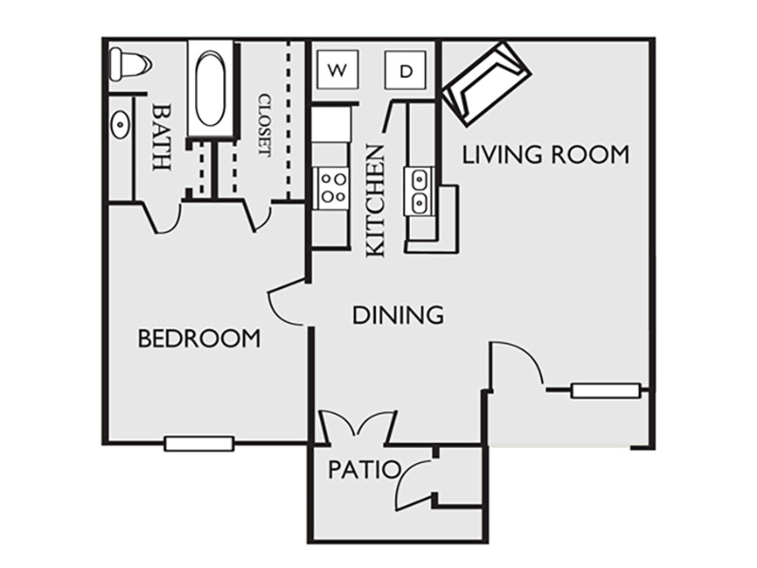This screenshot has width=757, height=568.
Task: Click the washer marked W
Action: coord(337,69)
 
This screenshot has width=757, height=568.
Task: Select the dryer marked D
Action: coord(406,70)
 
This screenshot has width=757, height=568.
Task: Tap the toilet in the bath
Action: coord(130,64)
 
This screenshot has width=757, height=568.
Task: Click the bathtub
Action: coord(209,89)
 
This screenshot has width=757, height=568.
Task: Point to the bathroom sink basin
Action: coord(120,125)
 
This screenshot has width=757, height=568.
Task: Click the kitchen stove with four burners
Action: coord(331,188)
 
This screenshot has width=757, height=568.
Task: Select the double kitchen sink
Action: coord(418,191)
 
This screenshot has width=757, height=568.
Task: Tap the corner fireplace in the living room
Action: coord(486,83)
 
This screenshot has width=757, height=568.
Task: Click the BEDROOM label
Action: coord(199,338)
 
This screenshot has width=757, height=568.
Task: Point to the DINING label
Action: coord(398,315)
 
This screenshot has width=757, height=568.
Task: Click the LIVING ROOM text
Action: coord(546,154)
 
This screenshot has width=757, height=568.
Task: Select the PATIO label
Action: coord(364,469)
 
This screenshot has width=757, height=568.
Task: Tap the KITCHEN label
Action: coord(376,201)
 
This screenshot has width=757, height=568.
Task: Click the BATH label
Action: coord(161,136)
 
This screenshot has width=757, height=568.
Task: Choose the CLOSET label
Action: coord(265,125)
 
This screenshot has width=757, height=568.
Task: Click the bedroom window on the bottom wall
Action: coord(199,443)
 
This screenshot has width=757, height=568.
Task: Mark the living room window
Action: coord(606,390)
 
